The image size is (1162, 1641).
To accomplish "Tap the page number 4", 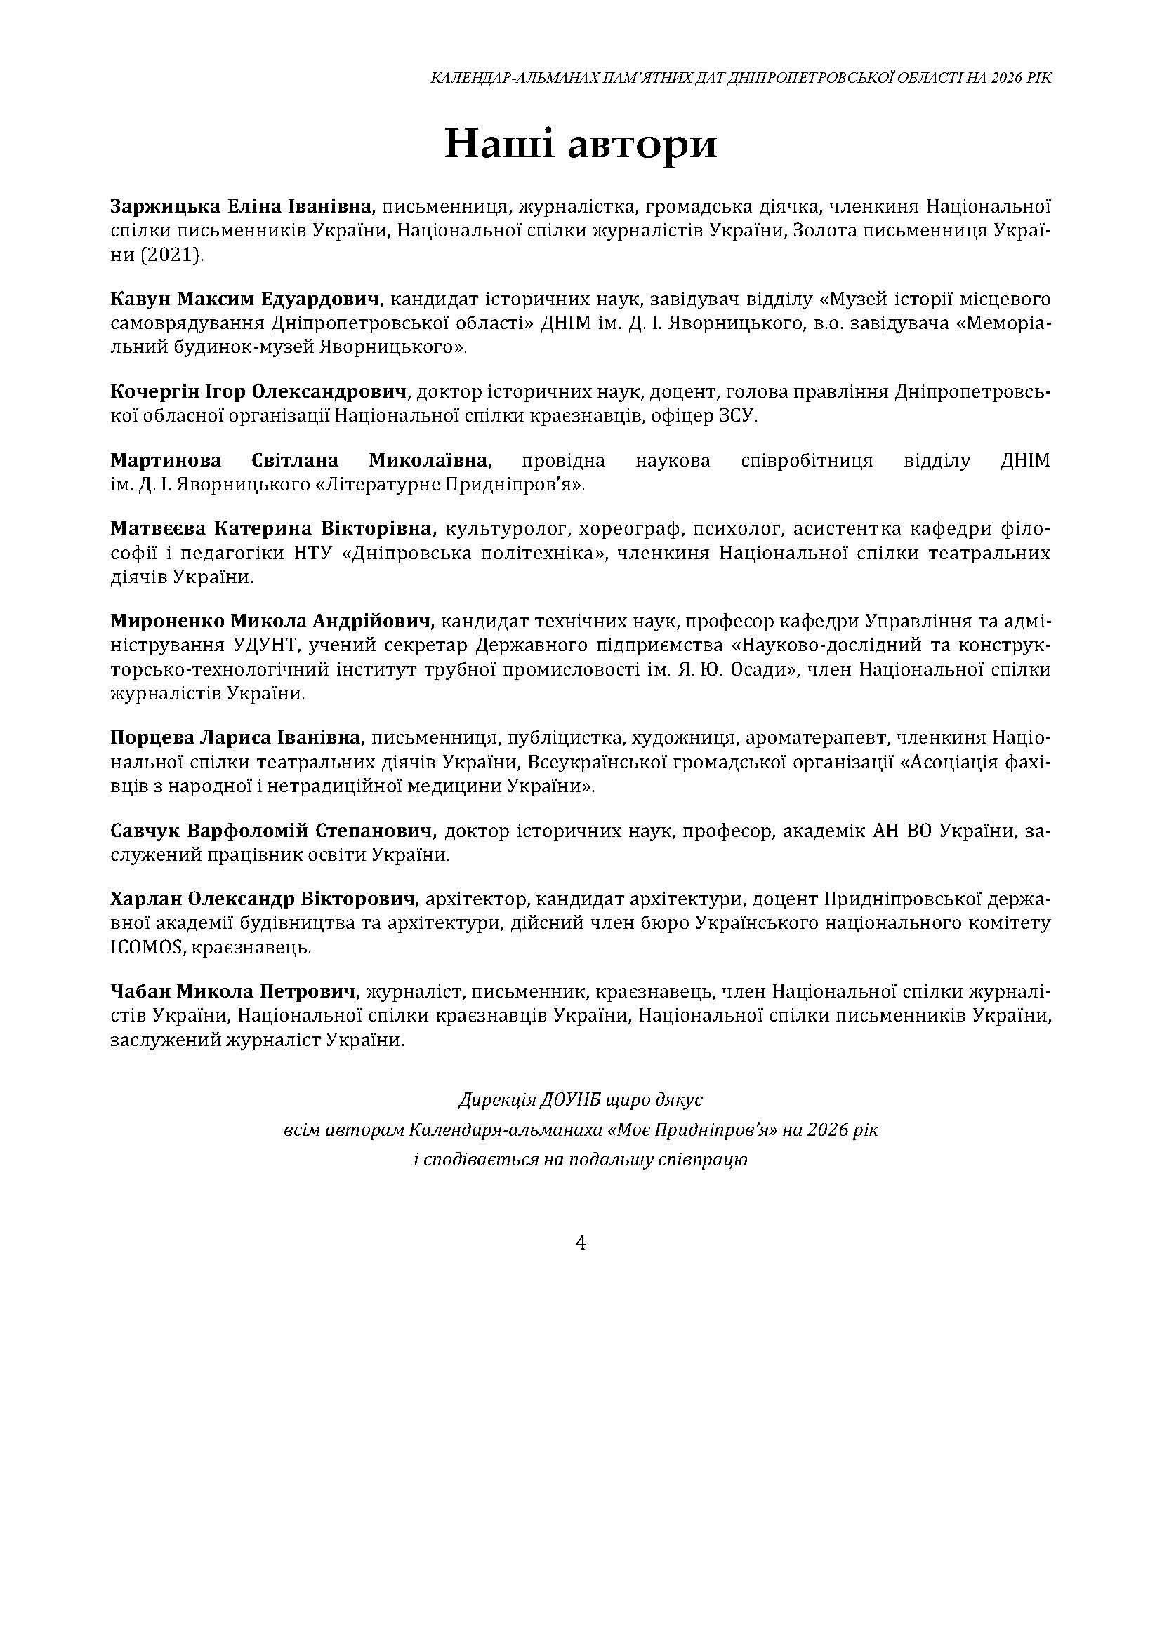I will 581,1243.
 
